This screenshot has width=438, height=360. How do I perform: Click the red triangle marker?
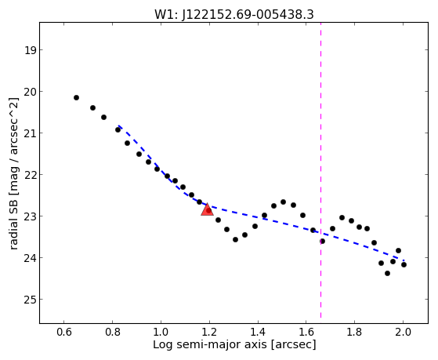207,209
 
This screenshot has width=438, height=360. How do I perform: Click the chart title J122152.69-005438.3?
248,15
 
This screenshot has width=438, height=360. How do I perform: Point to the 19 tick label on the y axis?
30,50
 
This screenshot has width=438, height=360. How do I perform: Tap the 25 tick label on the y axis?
30,300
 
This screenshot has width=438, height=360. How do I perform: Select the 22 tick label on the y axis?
30,175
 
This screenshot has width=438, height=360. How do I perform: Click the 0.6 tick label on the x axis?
64,332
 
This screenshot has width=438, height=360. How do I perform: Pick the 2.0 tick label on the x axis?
403,332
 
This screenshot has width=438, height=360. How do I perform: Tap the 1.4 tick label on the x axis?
258,332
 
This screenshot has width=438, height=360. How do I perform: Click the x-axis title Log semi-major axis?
210,344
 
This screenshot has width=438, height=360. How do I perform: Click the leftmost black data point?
76,97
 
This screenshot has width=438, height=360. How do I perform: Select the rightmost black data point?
404,264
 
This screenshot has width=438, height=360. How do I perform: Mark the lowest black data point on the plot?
387,273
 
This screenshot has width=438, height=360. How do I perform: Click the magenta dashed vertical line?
320,170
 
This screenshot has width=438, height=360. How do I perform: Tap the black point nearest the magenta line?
322,241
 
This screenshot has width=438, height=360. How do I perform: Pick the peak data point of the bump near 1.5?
283,202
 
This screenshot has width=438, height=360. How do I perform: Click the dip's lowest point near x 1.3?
235,240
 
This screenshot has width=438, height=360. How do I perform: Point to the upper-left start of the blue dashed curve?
118,125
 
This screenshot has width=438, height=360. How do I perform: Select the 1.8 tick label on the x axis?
354,332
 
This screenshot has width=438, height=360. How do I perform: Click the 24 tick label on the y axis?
30,258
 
